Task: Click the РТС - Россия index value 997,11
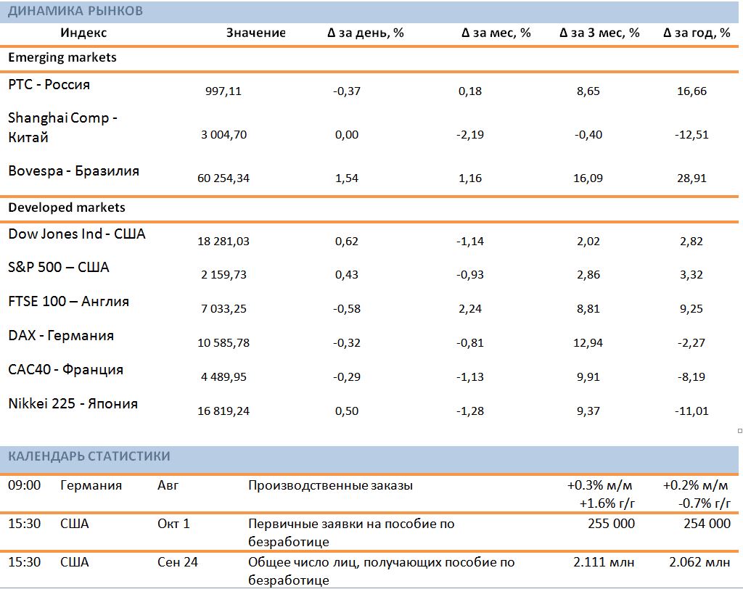(223, 91)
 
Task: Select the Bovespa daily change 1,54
(346, 178)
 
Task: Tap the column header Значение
(256, 33)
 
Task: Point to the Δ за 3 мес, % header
(599, 33)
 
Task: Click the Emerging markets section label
(62, 57)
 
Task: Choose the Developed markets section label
(67, 207)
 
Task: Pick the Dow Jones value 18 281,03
(223, 242)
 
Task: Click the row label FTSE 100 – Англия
(69, 301)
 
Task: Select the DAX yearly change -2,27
(691, 342)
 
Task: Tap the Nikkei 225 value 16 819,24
(223, 411)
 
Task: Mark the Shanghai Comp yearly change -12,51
(691, 135)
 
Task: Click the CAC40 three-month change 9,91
(588, 376)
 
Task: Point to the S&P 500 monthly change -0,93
(469, 274)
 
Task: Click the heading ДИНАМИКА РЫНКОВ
(75, 11)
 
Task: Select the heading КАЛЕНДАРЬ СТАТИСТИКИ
(89, 456)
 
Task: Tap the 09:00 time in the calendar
(24, 485)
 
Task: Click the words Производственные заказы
(330, 486)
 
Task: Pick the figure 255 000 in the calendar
(611, 524)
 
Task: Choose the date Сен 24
(178, 562)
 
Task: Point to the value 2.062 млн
(699, 562)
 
